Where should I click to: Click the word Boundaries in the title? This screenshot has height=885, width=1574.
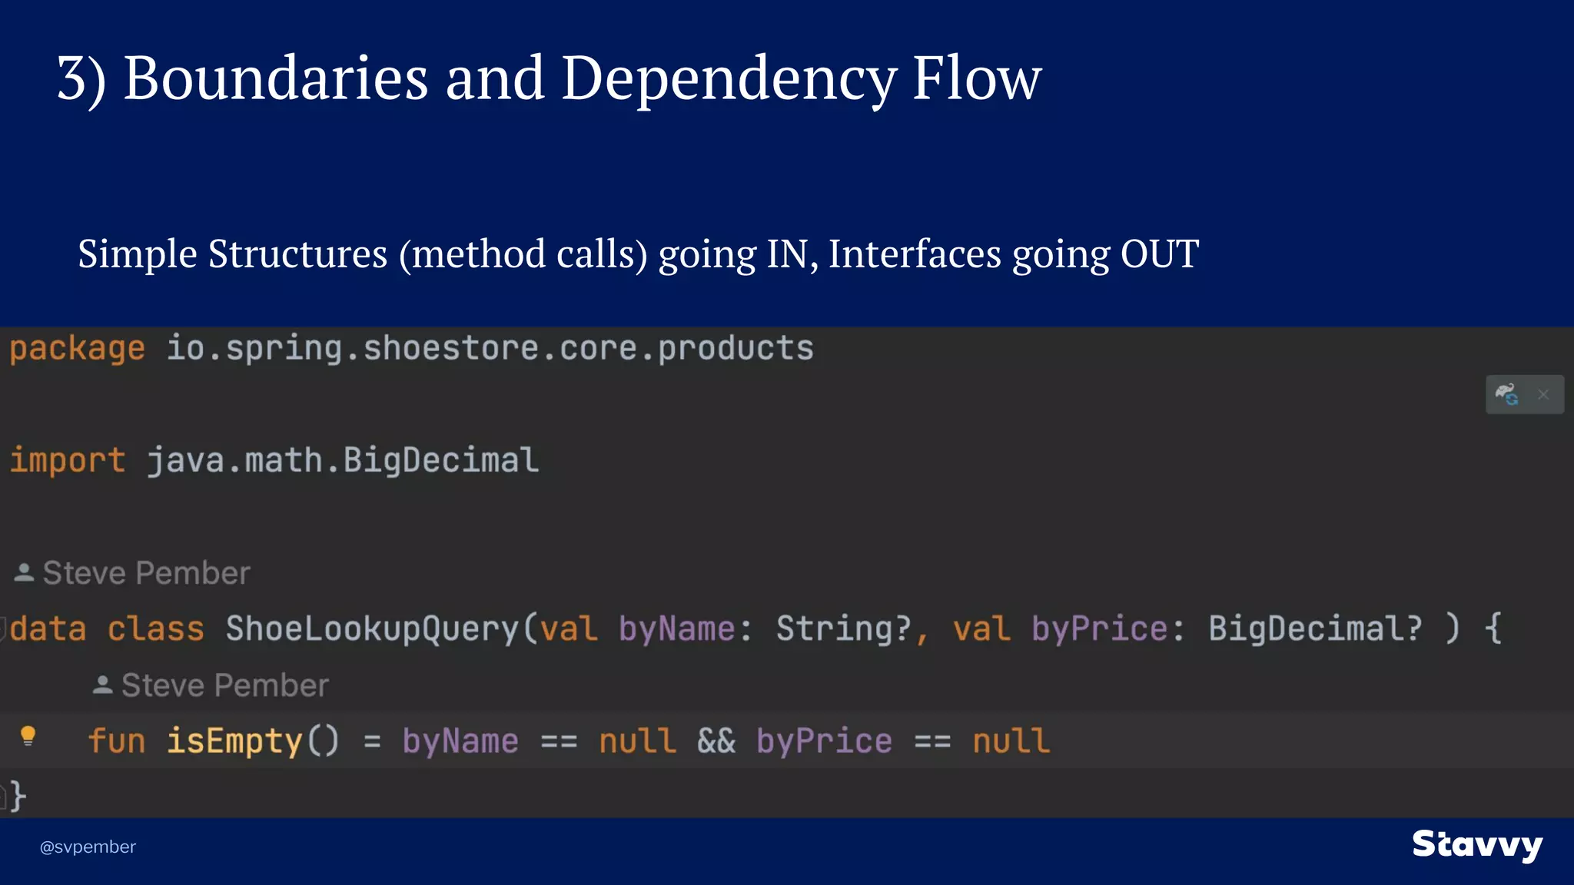point(275,78)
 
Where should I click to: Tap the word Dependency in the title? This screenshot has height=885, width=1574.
point(729,78)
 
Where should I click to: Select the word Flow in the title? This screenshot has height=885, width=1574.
point(976,78)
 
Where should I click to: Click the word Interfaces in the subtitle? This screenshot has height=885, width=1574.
point(915,254)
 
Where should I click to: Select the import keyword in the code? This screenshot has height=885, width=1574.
point(68,461)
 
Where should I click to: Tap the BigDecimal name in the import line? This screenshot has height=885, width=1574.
point(441,461)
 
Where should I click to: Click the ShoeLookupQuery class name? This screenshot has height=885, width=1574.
point(373,629)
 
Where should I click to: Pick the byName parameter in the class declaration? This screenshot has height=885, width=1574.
point(677,629)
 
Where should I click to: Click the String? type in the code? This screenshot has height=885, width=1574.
point(843,629)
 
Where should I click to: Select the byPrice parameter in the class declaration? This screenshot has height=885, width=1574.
point(1100,629)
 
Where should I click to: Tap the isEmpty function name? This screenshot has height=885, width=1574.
point(234,741)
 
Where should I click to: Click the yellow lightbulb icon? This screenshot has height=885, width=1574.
point(28,736)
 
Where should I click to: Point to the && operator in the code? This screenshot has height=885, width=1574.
point(716,741)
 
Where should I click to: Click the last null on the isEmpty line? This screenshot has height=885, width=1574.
point(1011,741)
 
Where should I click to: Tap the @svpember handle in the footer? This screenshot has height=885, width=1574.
point(88,847)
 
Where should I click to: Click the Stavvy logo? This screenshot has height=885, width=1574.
point(1477,845)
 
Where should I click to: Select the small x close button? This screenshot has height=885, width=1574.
point(1543,395)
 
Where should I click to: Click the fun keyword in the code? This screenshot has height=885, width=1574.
point(117,741)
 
